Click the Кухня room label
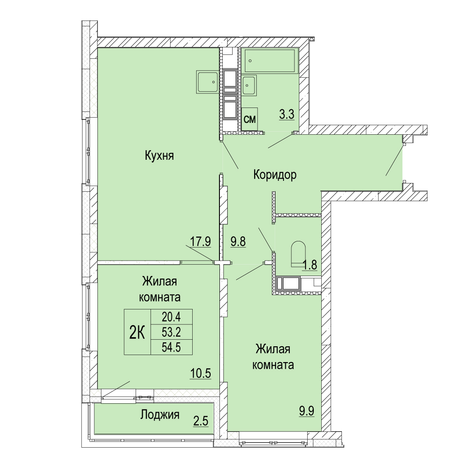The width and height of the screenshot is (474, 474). tap(159, 156)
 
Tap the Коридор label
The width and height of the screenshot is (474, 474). tap(275, 175)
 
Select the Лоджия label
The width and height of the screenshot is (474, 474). tap(160, 415)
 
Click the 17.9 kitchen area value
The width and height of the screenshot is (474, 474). tap(200, 241)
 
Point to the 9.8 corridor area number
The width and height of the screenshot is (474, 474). tap(238, 241)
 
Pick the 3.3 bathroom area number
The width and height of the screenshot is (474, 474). tap(287, 115)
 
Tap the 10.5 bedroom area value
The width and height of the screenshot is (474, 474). tap(201, 373)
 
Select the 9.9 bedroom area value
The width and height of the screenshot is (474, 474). tap(306, 411)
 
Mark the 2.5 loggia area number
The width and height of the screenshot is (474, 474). tap(201, 421)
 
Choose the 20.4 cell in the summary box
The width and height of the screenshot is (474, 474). tap(171, 317)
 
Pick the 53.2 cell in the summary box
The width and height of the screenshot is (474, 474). tap(171, 332)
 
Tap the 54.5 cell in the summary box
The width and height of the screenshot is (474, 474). tap(171, 347)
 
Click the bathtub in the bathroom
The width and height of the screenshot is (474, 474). tap(269, 61)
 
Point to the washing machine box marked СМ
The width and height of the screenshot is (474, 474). tap(250, 119)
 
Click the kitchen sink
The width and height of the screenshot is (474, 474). tap(207, 82)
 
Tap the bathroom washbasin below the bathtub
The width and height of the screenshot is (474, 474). tap(249, 85)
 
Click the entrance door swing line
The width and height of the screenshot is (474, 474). tap(394, 161)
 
